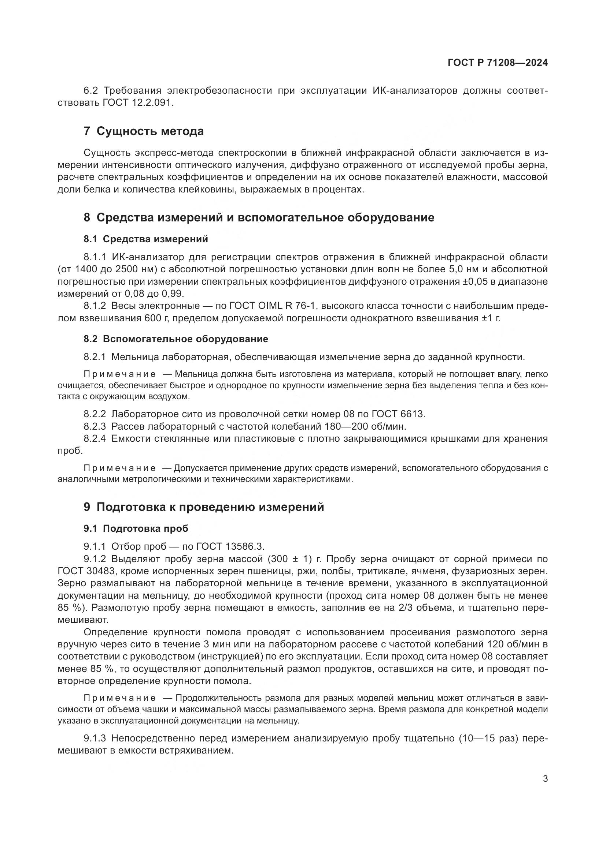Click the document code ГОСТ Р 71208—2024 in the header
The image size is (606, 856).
click(x=498, y=63)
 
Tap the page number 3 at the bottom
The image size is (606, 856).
click(x=545, y=778)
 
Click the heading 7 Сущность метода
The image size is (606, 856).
click(x=144, y=131)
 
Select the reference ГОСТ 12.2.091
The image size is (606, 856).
click(x=138, y=103)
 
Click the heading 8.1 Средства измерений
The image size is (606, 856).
click(x=145, y=239)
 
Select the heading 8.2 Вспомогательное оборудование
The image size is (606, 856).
click(x=176, y=339)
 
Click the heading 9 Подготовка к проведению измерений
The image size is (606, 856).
click(x=204, y=507)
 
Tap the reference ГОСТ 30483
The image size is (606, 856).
click(x=84, y=571)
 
